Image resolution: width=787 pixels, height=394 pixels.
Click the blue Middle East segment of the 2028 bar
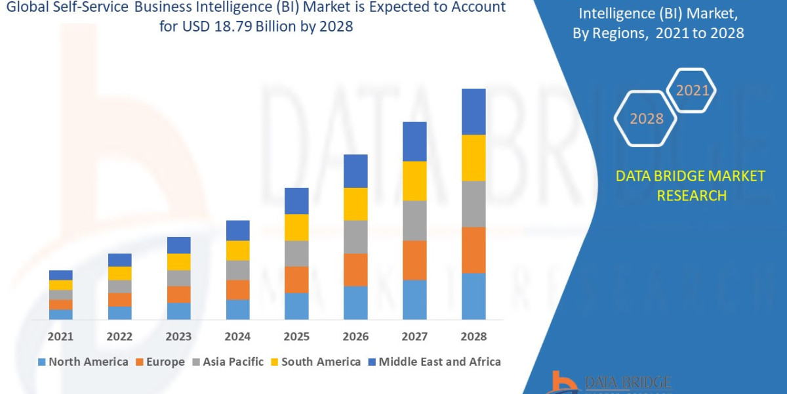(x=474, y=112)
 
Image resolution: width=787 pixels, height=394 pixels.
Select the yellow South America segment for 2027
(x=414, y=181)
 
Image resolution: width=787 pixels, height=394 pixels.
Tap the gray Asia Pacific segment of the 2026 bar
(x=355, y=236)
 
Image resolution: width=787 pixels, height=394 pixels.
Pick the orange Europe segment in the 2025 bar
(x=296, y=279)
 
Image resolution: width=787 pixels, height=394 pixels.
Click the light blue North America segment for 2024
(x=237, y=309)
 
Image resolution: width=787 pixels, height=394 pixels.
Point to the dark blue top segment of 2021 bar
(x=61, y=274)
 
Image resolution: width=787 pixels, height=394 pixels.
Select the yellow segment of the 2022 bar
(x=119, y=273)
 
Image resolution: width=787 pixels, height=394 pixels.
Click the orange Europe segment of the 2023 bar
(x=178, y=294)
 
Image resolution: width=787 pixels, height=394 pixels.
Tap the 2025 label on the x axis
(x=296, y=336)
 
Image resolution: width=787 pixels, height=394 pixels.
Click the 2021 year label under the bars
(x=60, y=336)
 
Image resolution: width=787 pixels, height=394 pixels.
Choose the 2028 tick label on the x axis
(x=474, y=336)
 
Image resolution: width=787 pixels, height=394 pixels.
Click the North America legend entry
(x=83, y=362)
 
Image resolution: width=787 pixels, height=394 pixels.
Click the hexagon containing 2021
(x=692, y=91)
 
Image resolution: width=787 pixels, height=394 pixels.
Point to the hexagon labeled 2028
(x=646, y=119)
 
